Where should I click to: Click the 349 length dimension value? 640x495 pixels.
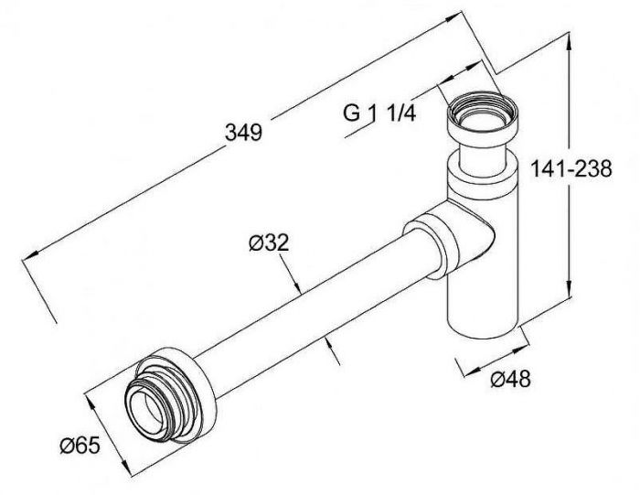click(243, 132)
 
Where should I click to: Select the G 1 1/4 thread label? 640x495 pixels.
click(380, 114)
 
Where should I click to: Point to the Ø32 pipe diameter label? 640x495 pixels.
click(269, 242)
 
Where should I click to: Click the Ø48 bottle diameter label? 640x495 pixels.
click(508, 378)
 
